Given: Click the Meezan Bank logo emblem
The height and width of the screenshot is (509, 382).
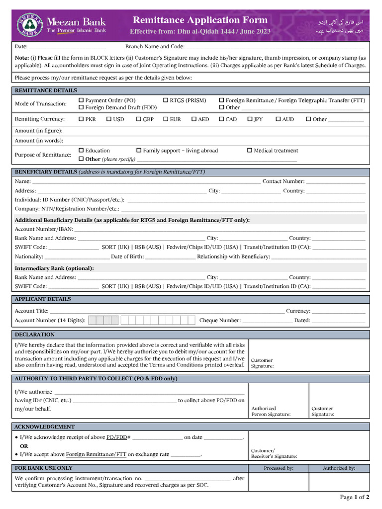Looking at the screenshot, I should [x=29, y=24].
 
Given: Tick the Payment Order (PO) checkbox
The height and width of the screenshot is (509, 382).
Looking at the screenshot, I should [x=82, y=100].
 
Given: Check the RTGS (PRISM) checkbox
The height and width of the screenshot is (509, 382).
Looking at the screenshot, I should [x=166, y=100].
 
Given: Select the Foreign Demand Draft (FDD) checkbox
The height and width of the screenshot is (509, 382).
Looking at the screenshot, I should [x=82, y=107].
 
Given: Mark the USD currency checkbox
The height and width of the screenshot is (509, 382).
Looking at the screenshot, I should [x=109, y=119].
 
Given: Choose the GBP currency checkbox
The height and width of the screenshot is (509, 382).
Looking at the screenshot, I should [x=139, y=119].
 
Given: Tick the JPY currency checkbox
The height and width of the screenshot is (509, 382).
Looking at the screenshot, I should [x=250, y=119].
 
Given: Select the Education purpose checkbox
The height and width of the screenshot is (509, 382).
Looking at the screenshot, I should [x=82, y=151].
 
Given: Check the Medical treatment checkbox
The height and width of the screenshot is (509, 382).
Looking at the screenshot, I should [x=250, y=151].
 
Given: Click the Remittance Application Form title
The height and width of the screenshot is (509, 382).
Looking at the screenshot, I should [x=200, y=20].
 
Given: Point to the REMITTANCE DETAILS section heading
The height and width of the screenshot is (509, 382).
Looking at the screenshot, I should [x=46, y=90].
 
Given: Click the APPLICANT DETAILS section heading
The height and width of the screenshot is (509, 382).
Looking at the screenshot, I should [x=43, y=299].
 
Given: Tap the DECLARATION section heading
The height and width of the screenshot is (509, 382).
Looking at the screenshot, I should [x=35, y=335].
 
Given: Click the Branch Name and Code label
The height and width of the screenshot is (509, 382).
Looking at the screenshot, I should [x=154, y=47].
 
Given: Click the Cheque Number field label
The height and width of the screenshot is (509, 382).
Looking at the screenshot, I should [x=220, y=321].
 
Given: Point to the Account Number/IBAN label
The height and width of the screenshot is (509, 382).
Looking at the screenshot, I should [x=44, y=229].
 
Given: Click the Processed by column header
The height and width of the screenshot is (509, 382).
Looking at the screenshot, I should [x=279, y=468].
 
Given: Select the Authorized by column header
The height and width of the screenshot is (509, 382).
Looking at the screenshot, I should [x=339, y=468].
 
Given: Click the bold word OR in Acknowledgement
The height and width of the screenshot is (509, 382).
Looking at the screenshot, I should [x=24, y=446].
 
